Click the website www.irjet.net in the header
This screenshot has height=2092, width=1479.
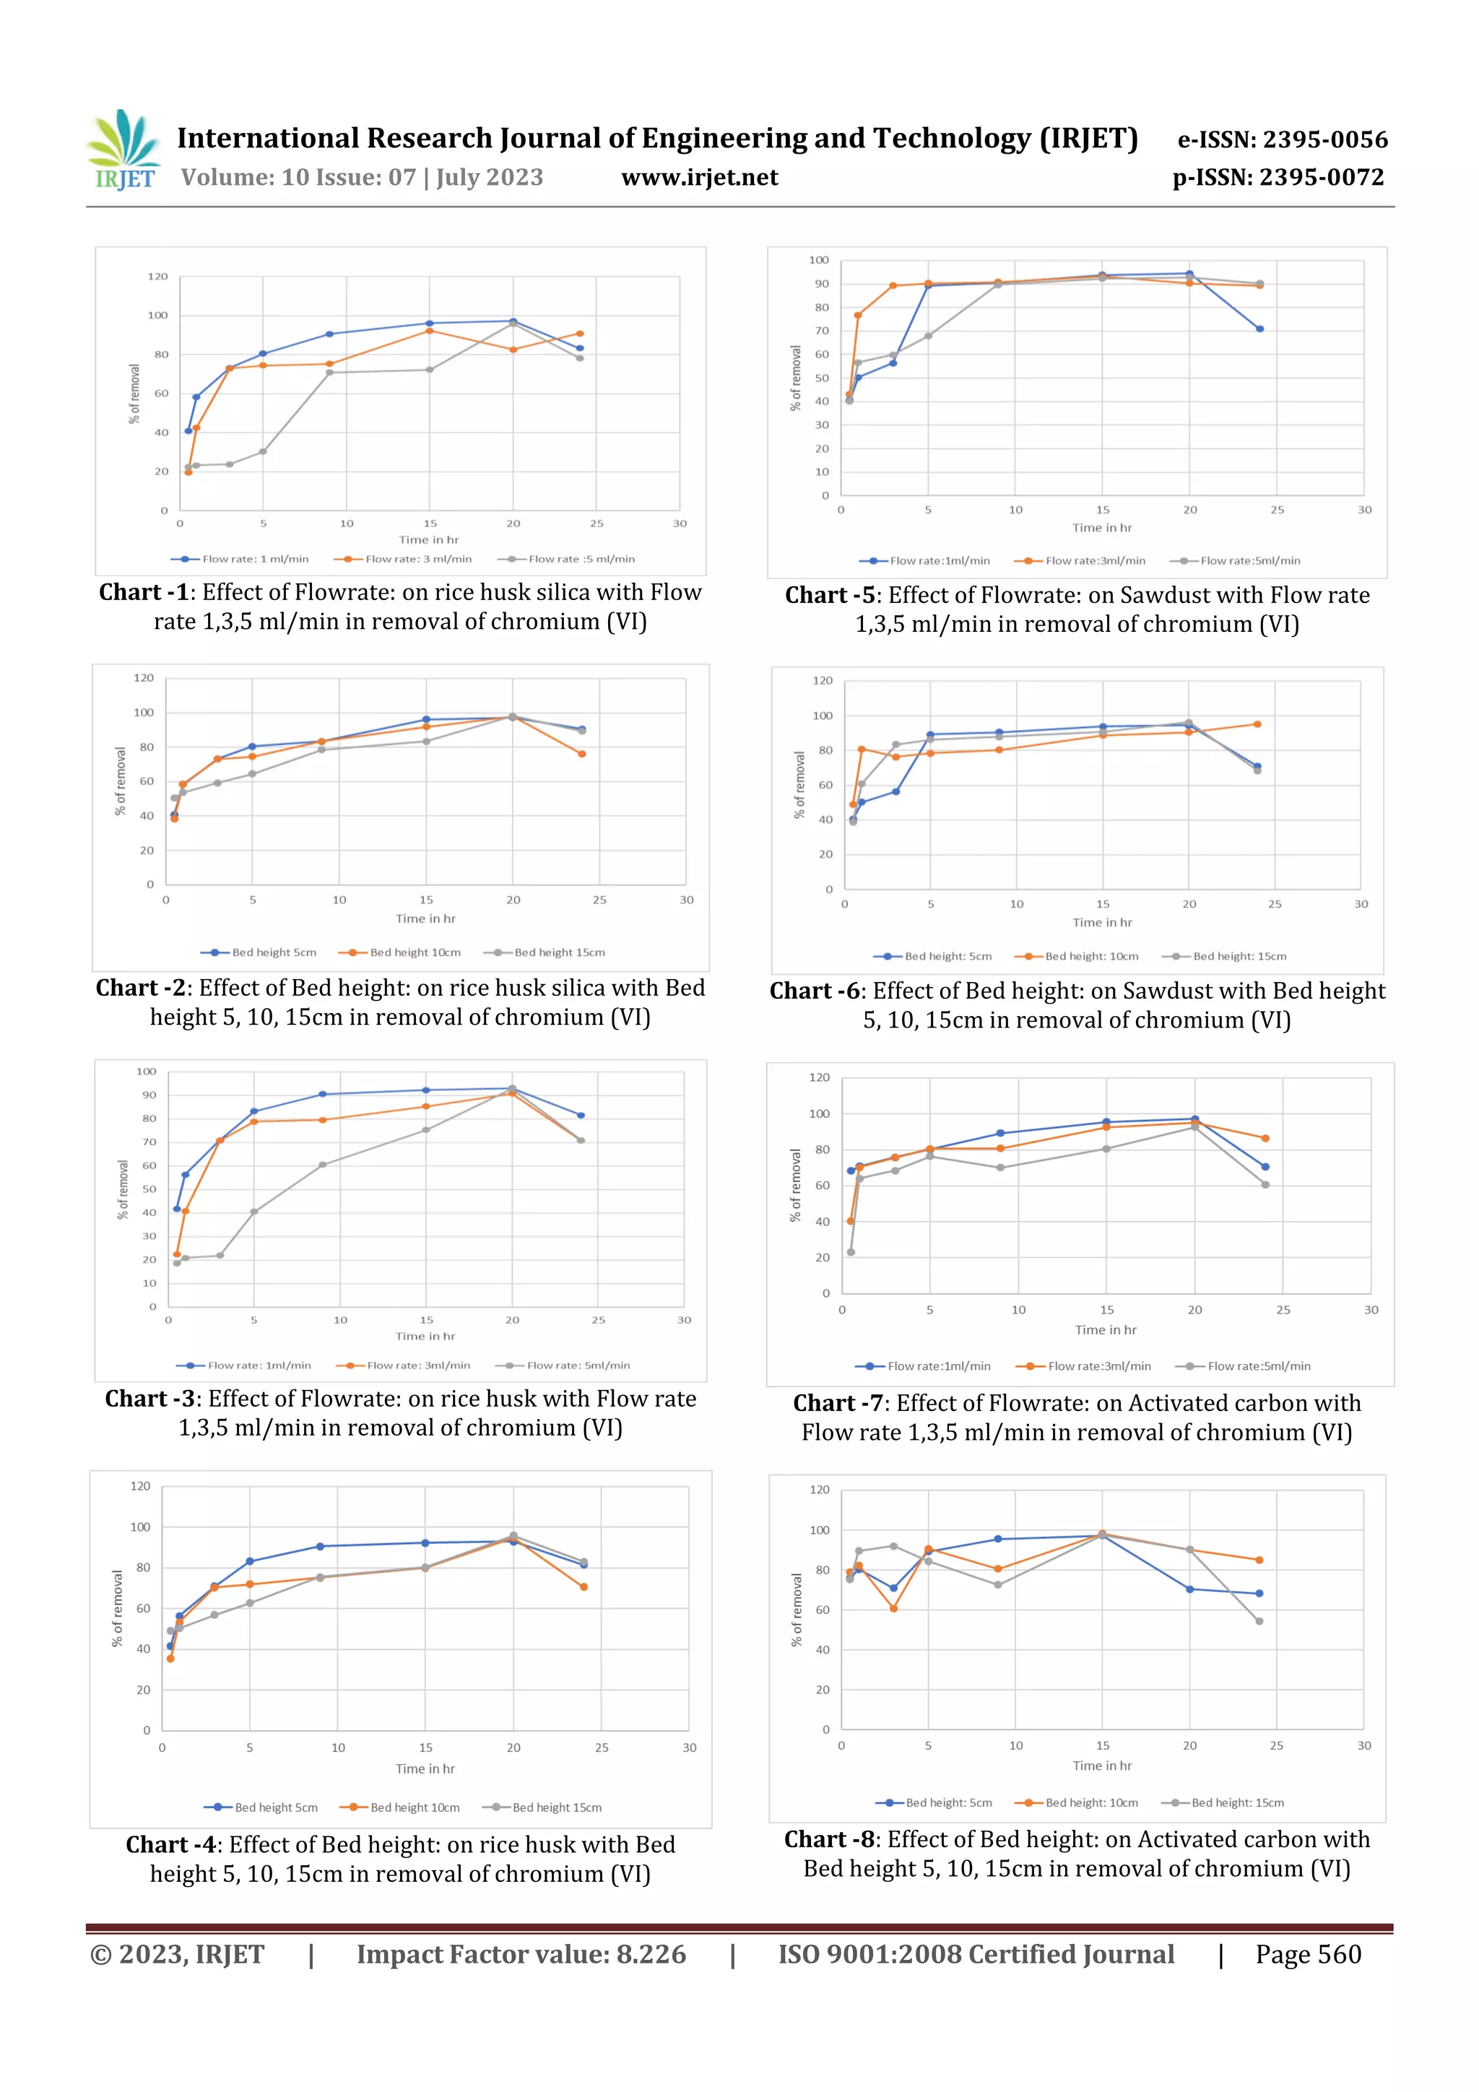pos(699,178)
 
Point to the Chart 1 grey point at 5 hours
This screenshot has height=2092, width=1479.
pos(262,451)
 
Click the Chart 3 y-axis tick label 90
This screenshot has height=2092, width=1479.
pos(149,1095)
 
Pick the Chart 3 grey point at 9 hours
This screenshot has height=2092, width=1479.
pos(323,1165)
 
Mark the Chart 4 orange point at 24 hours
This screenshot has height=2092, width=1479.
pos(584,1587)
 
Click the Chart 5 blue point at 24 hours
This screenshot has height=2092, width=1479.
pos(1259,329)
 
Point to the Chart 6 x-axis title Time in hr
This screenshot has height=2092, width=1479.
pos(1102,923)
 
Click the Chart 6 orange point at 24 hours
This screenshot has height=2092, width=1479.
pos(1257,724)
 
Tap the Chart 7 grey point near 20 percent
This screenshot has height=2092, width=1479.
pos(851,1253)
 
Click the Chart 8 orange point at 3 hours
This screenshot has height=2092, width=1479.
pos(894,1609)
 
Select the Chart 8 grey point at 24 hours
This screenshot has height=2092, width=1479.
pos(1259,1622)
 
